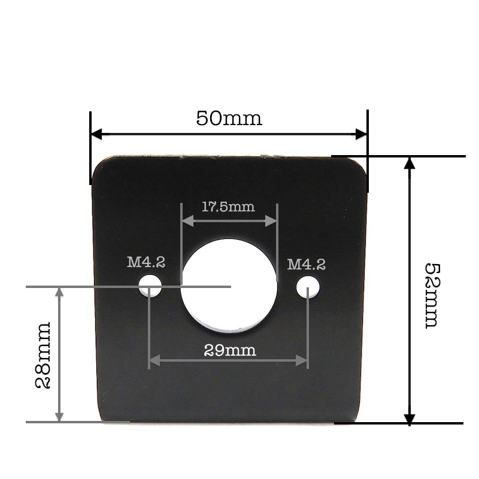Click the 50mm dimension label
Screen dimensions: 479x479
[229, 118]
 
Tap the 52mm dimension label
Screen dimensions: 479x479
[431, 295]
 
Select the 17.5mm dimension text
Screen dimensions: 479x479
[228, 207]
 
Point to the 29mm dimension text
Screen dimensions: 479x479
[230, 350]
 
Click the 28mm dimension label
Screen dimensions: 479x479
[43, 356]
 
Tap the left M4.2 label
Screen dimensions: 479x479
[146, 262]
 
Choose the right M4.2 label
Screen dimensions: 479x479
[306, 264]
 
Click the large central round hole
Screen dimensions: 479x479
[229, 286]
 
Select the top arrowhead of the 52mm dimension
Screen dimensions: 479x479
[410, 163]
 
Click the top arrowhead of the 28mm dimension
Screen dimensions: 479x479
[59, 292]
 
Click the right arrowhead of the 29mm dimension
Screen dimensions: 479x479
[302, 360]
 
